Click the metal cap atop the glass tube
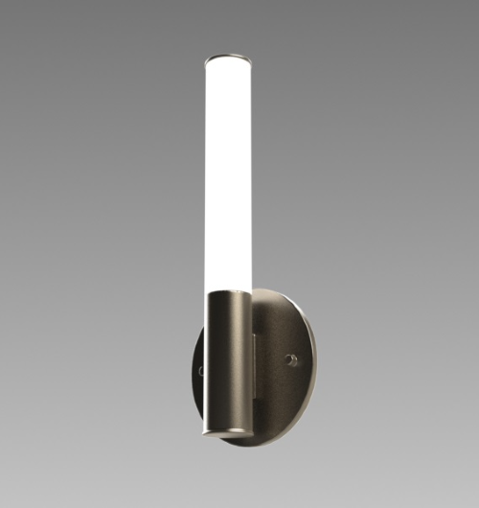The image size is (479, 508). [229, 57]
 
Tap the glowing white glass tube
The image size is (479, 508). [228, 173]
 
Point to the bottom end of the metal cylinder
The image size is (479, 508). [228, 434]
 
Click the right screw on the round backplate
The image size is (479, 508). [290, 360]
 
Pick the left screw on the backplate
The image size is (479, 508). [201, 370]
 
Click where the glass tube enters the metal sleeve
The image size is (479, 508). [229, 291]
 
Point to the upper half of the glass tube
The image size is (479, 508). [229, 115]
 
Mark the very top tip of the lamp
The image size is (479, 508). [229, 53]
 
